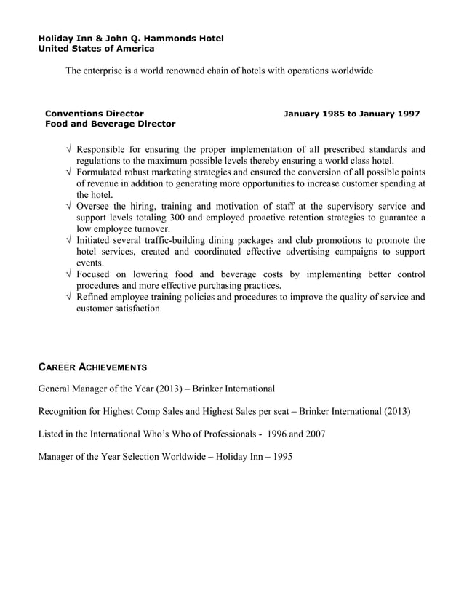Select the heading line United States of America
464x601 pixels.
(x=95, y=49)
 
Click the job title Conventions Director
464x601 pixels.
(x=94, y=114)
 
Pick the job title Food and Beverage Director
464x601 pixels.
(x=110, y=124)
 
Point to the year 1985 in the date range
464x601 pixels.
(x=333, y=114)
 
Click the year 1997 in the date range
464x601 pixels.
(x=407, y=114)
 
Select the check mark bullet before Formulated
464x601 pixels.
(x=68, y=172)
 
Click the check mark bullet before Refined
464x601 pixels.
(x=68, y=297)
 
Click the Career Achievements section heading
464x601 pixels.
(x=92, y=367)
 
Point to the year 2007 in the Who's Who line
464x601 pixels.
(x=313, y=434)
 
